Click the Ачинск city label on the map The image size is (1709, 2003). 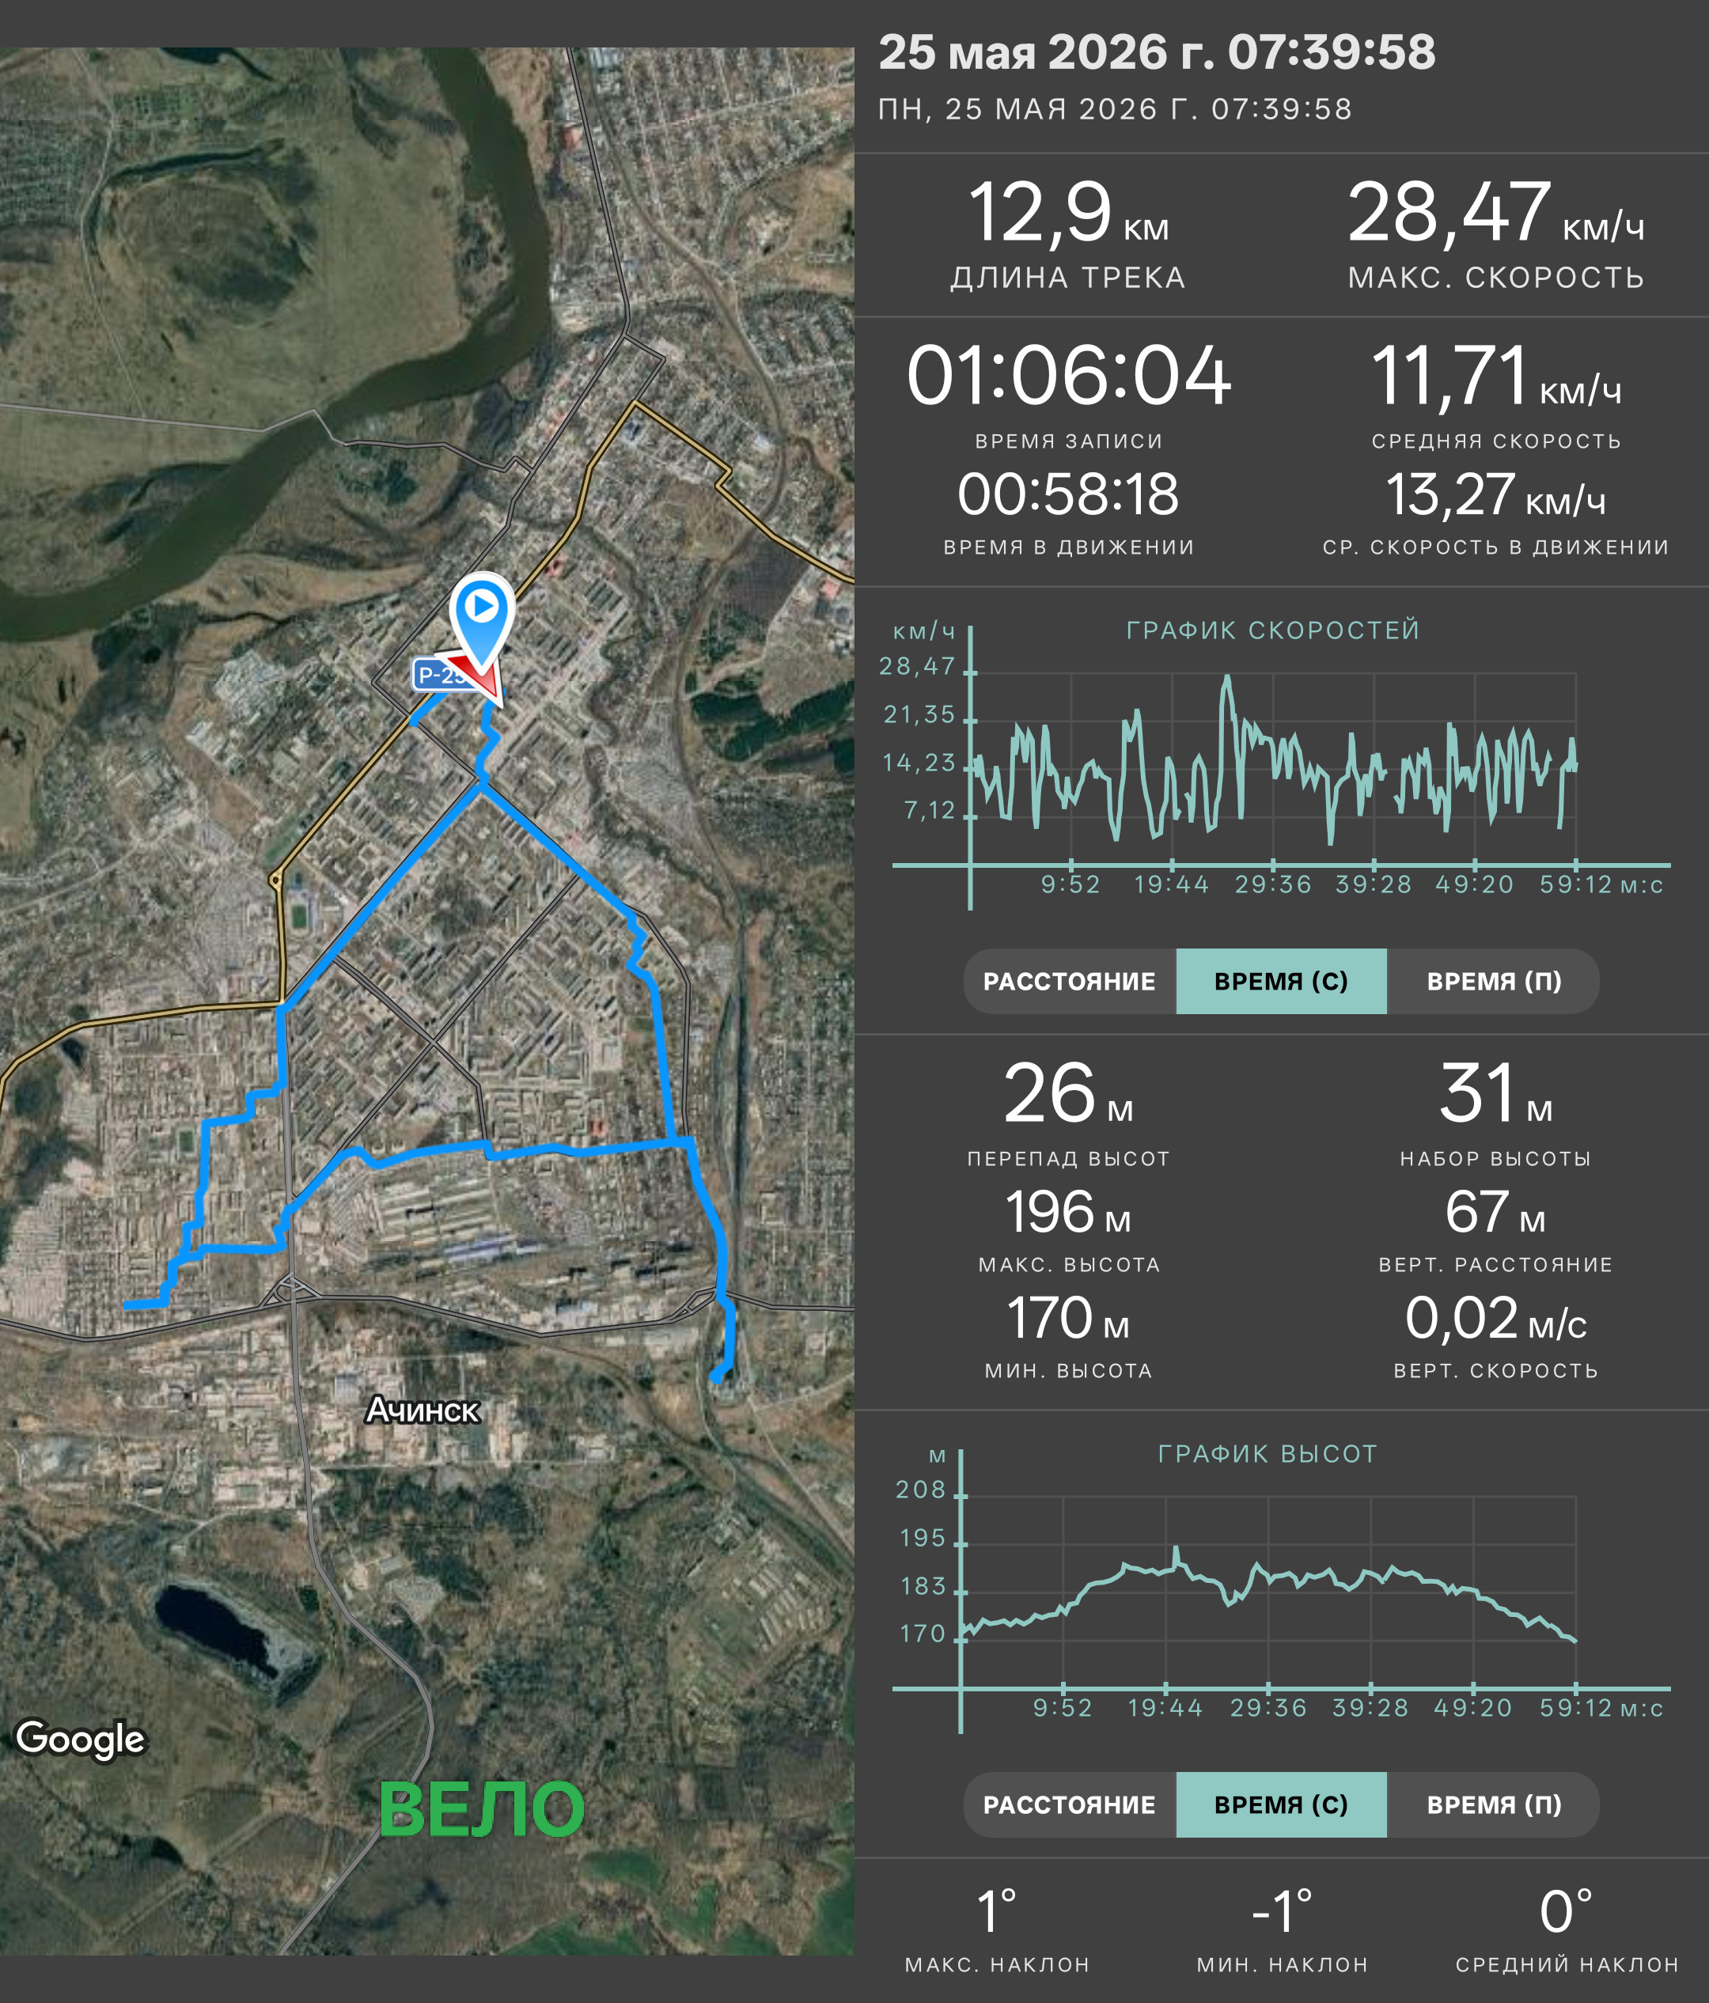[423, 1410]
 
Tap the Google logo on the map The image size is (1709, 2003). [80, 1739]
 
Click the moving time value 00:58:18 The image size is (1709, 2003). [1068, 495]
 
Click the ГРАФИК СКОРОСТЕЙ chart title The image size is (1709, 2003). [1273, 630]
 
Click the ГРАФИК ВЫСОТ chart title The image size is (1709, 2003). [1268, 1454]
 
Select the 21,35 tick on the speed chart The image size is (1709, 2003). [919, 714]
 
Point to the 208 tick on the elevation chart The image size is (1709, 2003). [920, 1490]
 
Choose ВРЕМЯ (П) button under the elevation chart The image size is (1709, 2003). [1494, 1804]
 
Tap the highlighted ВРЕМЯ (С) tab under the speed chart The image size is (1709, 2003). [1281, 981]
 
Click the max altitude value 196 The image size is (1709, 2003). [1049, 1212]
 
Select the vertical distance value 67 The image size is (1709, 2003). [1477, 1212]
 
